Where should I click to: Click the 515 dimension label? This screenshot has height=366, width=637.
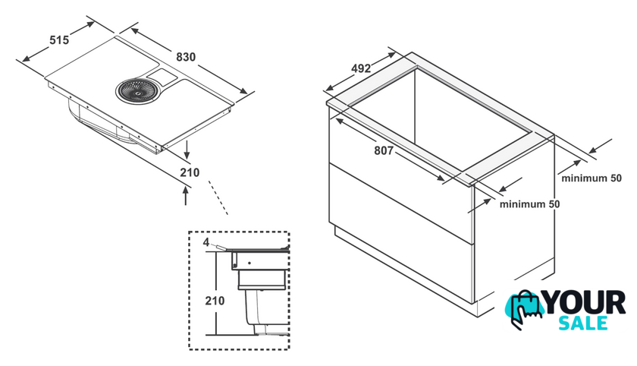click(x=59, y=40)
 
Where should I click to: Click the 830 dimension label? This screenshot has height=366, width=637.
click(x=186, y=57)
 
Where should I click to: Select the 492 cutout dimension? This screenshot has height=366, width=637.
click(x=361, y=69)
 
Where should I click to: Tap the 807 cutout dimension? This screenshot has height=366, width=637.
click(x=384, y=151)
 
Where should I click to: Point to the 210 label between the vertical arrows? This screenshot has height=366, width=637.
click(x=190, y=173)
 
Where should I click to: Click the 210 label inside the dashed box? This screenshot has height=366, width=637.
click(x=215, y=301)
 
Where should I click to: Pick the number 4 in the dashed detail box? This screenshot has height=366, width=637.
click(x=206, y=242)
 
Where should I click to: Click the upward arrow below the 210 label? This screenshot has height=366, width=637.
click(x=186, y=194)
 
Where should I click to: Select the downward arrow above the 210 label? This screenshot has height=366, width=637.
click(x=187, y=150)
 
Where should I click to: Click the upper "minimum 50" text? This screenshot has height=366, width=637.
click(x=591, y=178)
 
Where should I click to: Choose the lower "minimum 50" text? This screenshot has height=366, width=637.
click(x=529, y=204)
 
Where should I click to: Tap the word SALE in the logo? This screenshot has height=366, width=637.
click(x=583, y=323)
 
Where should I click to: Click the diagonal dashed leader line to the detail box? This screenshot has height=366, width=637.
click(x=218, y=197)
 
